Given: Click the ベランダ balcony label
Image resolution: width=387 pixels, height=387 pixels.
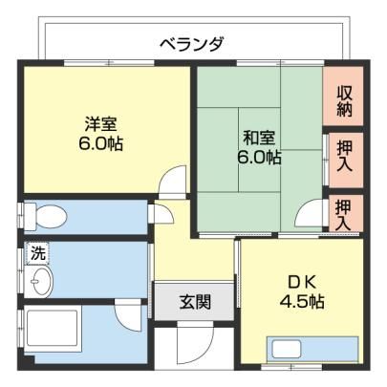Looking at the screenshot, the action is (x=192, y=44).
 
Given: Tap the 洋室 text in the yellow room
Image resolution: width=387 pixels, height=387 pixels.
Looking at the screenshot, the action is (x=100, y=124).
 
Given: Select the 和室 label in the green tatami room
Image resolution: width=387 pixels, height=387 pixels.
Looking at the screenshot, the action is (x=259, y=138).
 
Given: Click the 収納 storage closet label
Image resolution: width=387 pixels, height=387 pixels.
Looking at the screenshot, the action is (x=344, y=100).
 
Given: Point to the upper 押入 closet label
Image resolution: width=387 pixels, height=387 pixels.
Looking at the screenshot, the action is (x=345, y=156).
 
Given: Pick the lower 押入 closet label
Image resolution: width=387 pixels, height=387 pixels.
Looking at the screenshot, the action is (x=344, y=214).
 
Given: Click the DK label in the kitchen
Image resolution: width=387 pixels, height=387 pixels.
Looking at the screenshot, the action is (x=302, y=282).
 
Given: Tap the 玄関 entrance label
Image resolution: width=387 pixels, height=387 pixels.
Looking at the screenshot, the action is (x=195, y=302).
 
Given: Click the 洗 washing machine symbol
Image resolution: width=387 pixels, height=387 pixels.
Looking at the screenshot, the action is (x=38, y=254).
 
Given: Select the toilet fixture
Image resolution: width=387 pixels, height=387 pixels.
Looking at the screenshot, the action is (x=46, y=217).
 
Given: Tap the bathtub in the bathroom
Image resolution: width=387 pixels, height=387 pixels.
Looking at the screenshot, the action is (x=53, y=329).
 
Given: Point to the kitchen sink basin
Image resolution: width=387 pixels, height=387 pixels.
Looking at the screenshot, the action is (x=287, y=349).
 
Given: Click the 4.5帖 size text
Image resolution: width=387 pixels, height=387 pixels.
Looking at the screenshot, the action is (x=302, y=301).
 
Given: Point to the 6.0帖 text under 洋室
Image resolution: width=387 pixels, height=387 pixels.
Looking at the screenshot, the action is (x=100, y=144).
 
